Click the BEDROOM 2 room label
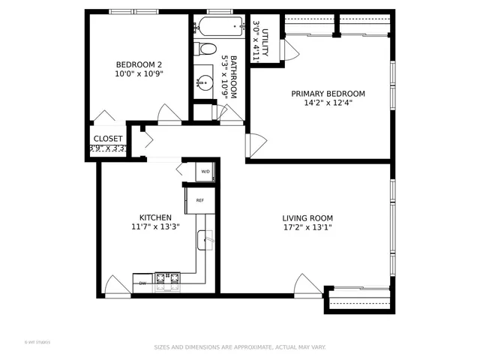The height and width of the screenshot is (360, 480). (x=138, y=64)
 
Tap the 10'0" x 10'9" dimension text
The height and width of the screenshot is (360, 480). (x=138, y=74)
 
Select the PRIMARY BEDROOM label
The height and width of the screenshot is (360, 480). (x=328, y=94)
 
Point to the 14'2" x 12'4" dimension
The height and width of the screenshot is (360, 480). (x=328, y=103)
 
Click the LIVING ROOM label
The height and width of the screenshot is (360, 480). (x=307, y=217)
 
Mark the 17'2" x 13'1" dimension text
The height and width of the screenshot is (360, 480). (x=307, y=227)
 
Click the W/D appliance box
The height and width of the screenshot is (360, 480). (x=205, y=172)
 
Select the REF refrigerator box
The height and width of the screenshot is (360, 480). (x=200, y=200)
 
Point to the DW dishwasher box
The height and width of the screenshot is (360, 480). (x=142, y=283)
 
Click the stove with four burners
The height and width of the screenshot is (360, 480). (x=168, y=282)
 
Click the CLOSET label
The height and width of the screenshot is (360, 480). (x=108, y=139)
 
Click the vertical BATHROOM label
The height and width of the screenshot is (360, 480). (x=234, y=76)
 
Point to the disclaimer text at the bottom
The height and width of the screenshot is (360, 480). (x=240, y=347)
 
